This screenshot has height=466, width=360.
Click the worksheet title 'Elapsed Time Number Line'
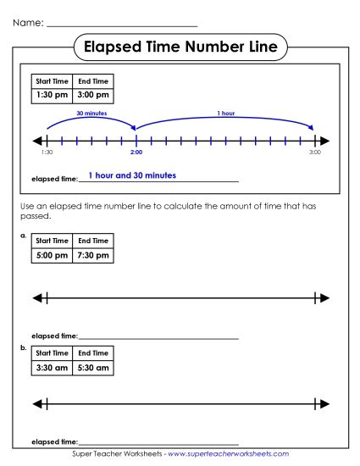(x=180, y=47)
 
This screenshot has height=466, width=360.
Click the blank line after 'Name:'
(x=122, y=24)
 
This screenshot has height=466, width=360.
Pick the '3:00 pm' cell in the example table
(x=93, y=96)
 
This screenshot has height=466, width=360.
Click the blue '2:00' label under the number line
(x=136, y=153)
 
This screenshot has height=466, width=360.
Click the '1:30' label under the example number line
(x=47, y=153)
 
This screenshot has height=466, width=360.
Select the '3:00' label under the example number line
(x=314, y=153)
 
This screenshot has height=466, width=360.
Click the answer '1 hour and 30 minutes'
(x=132, y=175)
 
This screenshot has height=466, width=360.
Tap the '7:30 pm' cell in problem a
(x=93, y=255)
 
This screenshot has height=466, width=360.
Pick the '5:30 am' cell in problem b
(x=93, y=368)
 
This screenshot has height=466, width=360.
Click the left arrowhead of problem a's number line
(x=36, y=297)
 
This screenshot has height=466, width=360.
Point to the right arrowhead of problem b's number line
(x=324, y=403)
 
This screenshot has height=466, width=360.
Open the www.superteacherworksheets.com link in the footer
(x=229, y=454)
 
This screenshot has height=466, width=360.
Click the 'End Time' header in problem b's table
(x=93, y=352)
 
